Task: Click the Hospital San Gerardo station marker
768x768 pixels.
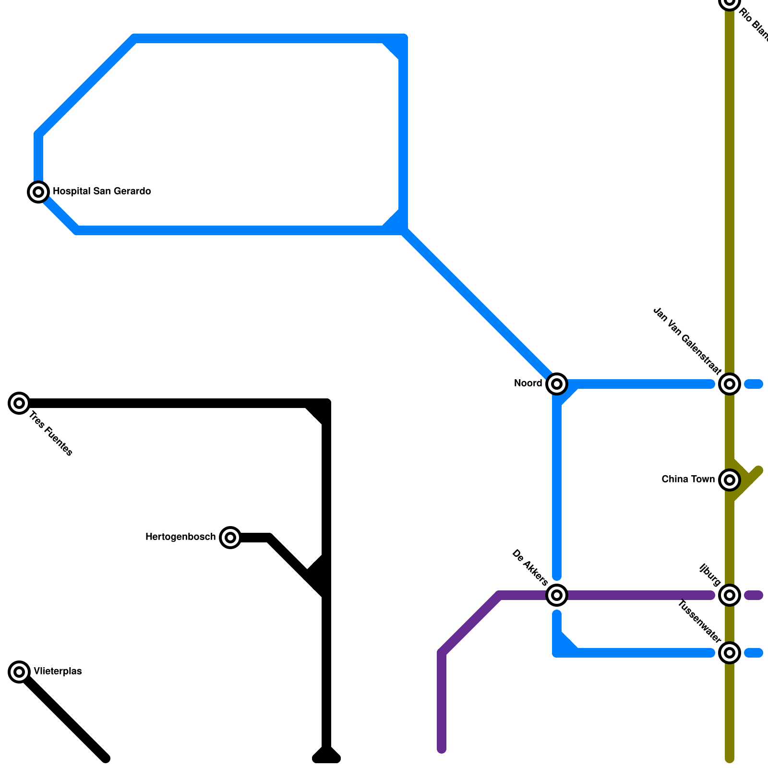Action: (x=38, y=192)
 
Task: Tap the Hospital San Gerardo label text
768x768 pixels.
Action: (x=102, y=192)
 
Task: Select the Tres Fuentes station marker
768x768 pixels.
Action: (x=19, y=403)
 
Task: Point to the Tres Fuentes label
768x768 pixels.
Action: (x=51, y=434)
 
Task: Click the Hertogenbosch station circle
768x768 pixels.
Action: (x=230, y=538)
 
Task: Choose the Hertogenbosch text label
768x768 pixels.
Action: (x=180, y=537)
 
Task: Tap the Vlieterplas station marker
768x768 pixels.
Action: (x=19, y=672)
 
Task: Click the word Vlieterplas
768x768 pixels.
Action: (x=58, y=672)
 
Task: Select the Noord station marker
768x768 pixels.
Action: (x=557, y=384)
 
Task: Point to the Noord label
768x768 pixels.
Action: (x=528, y=384)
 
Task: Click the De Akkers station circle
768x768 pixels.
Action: (x=557, y=595)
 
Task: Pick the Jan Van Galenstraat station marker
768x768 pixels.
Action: (x=730, y=384)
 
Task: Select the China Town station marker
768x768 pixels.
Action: (x=730, y=480)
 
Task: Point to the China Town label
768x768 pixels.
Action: (x=688, y=480)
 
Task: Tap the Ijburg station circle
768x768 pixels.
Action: (x=730, y=595)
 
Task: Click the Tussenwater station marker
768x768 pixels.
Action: (x=730, y=653)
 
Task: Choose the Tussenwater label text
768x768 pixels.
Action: (x=699, y=622)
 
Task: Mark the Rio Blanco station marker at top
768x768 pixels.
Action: (x=730, y=2)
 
